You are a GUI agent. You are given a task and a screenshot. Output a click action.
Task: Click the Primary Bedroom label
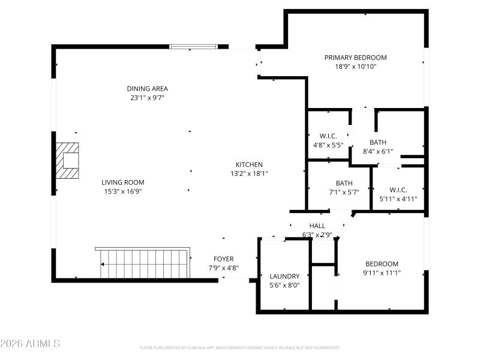tap(355, 58)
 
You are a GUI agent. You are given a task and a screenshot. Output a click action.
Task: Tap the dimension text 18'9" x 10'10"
tap(355, 67)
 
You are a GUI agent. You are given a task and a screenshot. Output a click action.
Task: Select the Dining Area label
tap(147, 89)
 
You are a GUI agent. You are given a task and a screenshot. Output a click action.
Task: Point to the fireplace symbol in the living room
tap(68, 161)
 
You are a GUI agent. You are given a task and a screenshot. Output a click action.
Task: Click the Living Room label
tap(122, 182)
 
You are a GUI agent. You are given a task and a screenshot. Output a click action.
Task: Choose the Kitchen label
tap(248, 164)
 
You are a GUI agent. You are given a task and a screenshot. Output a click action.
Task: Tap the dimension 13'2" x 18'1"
tap(248, 173)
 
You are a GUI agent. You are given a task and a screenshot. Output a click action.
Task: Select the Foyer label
tap(221, 259)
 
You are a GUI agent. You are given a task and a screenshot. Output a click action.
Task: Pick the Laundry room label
tap(284, 277)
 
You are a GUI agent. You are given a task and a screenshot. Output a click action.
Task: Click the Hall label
tap(317, 226)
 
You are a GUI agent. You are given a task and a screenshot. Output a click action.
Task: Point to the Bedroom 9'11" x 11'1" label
tap(382, 264)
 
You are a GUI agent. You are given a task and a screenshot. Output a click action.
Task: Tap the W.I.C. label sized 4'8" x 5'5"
tap(328, 136)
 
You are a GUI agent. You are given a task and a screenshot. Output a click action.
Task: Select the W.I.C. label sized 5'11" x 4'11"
tap(398, 190)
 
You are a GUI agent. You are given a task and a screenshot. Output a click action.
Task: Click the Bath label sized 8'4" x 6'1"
tap(378, 142)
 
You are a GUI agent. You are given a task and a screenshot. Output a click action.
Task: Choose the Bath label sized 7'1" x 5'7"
tap(344, 184)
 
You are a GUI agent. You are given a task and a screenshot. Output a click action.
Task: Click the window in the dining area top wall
tap(193, 46)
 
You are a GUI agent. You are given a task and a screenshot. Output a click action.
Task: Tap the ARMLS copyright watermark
tap(30, 344)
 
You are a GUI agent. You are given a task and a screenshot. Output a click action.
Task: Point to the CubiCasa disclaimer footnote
tap(240, 347)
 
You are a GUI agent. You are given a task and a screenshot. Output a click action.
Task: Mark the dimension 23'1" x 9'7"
tap(147, 98)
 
